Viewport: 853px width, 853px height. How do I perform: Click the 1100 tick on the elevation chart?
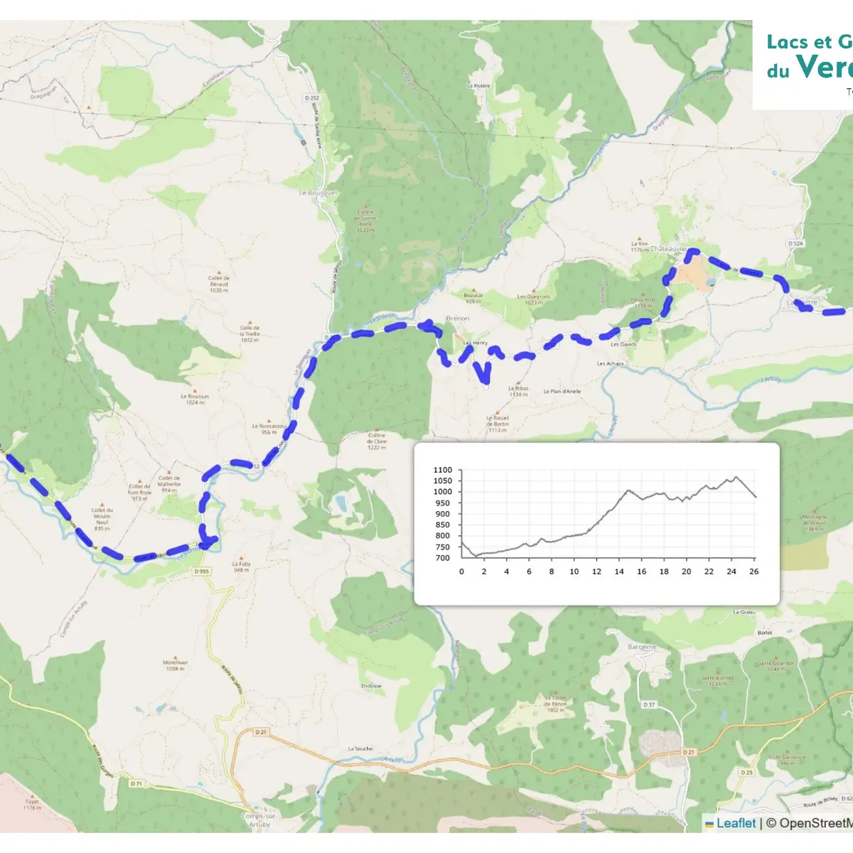tap(442, 470)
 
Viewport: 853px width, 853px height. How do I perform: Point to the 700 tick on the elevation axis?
tap(442, 558)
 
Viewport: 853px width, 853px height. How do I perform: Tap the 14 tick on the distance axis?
tap(619, 572)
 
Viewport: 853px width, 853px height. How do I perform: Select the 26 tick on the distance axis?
tap(754, 572)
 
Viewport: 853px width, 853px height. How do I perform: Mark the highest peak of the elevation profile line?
tap(736, 477)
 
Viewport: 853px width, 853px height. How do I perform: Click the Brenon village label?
tap(458, 318)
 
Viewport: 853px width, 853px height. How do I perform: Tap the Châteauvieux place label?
tap(669, 249)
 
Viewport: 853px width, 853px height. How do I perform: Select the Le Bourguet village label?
tap(318, 193)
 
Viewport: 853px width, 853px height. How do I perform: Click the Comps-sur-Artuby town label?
tap(259, 820)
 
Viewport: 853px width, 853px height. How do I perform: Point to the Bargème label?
tap(642, 647)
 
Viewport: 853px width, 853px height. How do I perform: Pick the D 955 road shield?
tap(202, 571)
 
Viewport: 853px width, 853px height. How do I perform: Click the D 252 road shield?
tap(311, 98)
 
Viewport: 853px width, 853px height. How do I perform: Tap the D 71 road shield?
tap(136, 783)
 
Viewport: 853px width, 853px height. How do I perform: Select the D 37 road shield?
tap(649, 704)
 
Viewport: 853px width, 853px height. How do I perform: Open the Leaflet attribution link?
tap(735, 823)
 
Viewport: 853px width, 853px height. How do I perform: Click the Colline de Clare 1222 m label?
tap(377, 441)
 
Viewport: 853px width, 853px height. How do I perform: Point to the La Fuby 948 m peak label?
tap(241, 567)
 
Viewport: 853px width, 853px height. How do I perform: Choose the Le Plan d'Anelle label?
tap(562, 391)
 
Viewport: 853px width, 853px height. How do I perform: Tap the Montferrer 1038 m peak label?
tap(175, 665)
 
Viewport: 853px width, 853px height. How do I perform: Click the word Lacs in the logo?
tap(788, 43)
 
